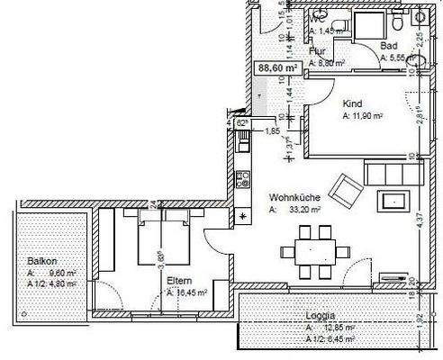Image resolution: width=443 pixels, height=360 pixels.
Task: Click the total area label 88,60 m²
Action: pos(277,67)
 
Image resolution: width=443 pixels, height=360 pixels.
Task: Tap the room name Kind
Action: pos(352,103)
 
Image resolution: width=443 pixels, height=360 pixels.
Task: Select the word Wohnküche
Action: pos(292,198)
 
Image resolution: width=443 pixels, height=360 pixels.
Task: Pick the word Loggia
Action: pos(320,316)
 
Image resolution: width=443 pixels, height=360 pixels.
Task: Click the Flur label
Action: pos(316,51)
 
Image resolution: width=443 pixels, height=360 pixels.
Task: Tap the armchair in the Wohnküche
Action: pos(346,187)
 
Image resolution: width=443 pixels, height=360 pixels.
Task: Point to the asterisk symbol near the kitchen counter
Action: pos(242,216)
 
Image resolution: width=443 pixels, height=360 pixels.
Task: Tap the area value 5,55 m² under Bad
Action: pos(396,58)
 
